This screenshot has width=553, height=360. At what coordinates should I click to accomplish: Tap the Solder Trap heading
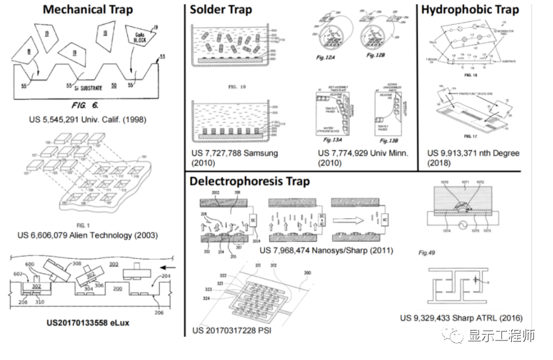pyautogui.click(x=221, y=10)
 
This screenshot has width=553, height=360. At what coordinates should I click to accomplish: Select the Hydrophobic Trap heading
pyautogui.click(x=470, y=10)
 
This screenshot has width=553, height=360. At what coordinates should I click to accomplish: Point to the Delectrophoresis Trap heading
pyautogui.click(x=250, y=182)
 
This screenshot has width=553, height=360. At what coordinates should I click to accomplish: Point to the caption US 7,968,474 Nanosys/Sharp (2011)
pyautogui.click(x=326, y=250)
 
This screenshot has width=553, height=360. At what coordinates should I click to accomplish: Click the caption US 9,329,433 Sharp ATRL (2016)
pyautogui.click(x=461, y=318)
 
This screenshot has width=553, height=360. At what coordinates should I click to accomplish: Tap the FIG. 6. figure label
pyautogui.click(x=85, y=105)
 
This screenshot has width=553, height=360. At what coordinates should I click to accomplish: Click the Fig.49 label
pyautogui.click(x=427, y=252)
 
